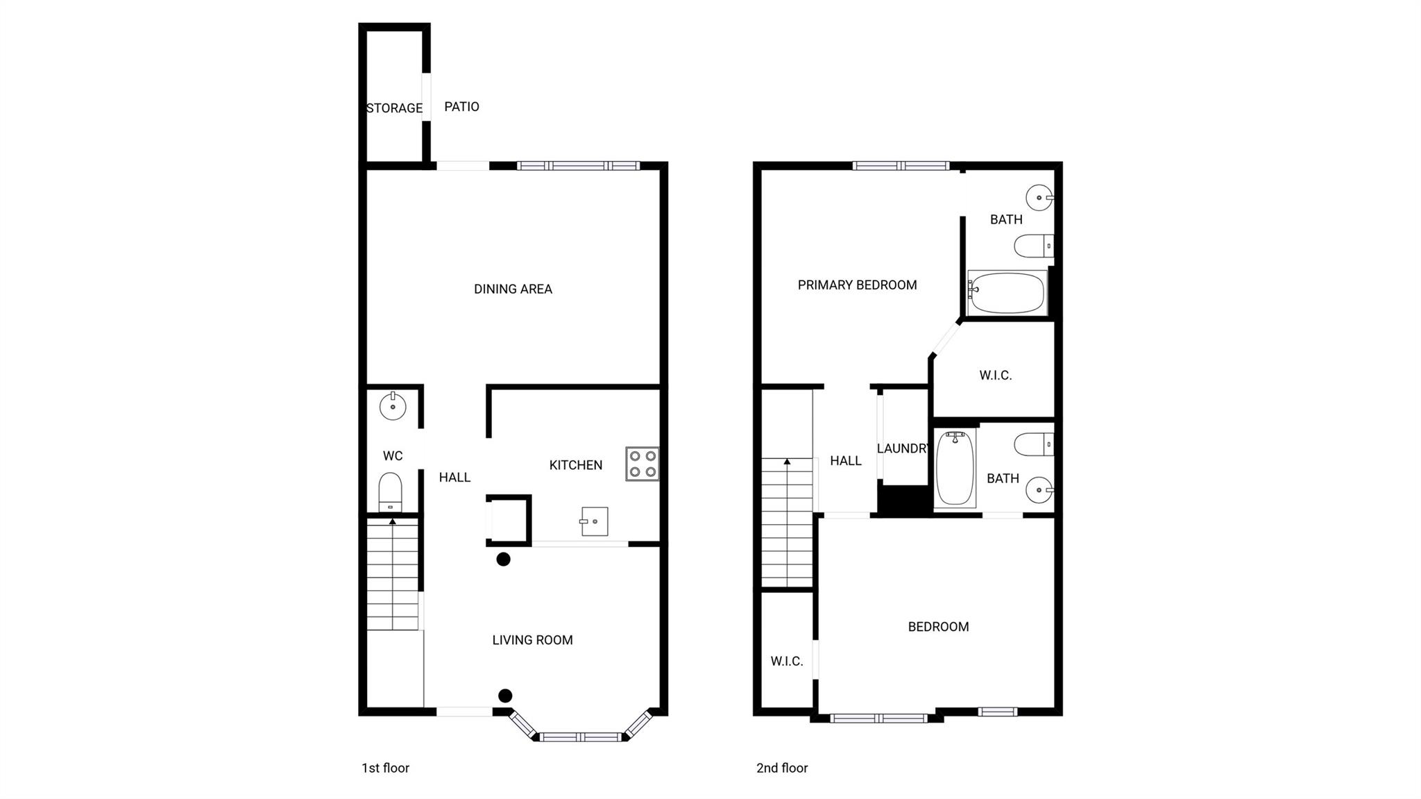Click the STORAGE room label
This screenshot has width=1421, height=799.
coord(394,108)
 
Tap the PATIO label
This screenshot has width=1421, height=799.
coord(461,107)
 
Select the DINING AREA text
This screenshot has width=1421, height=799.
coord(513,289)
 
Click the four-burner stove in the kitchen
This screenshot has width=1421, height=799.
coord(643,464)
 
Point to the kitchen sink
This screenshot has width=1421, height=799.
coord(595,521)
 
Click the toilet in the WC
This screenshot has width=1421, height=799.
coord(391,492)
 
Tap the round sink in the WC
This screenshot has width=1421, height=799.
coord(393,406)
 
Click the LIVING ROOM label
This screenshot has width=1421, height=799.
coord(532,640)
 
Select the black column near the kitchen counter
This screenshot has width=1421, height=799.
coord(503,559)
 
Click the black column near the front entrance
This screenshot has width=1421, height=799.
coord(505,696)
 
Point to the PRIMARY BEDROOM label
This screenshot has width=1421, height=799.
coord(857,285)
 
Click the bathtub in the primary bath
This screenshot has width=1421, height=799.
coord(1007,292)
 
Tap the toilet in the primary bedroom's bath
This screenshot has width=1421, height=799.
coord(1034,246)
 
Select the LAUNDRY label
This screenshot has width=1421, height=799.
coord(902,448)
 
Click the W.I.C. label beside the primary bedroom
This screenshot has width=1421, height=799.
coord(996,376)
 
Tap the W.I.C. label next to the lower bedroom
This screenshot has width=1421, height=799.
coord(787,662)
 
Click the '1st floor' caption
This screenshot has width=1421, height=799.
coord(385,768)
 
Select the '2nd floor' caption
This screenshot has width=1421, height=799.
coord(782,768)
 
